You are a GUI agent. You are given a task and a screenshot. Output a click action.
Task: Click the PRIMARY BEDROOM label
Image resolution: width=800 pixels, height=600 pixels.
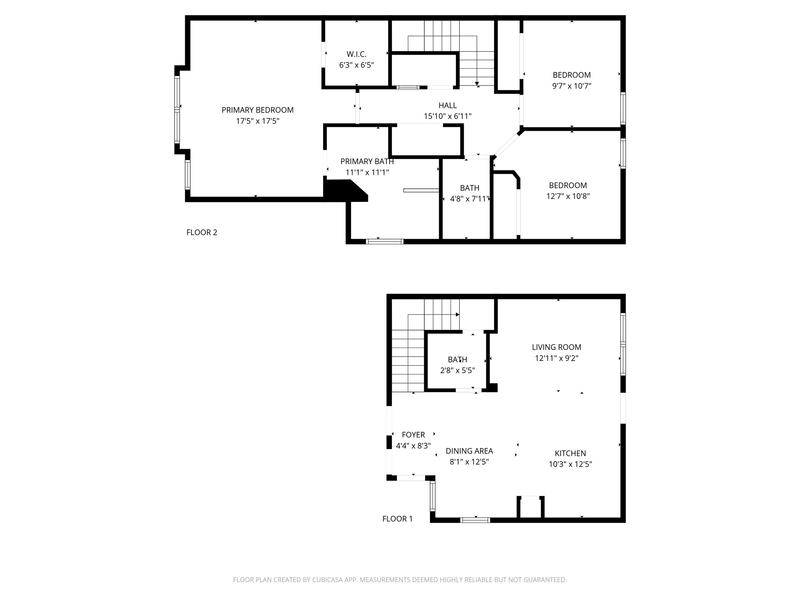(x=257, y=110)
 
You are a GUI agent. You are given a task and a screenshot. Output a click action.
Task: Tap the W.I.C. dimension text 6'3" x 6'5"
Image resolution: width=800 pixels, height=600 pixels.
(x=356, y=65)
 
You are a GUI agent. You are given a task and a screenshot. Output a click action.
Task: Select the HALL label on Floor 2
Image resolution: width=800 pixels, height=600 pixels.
(x=448, y=105)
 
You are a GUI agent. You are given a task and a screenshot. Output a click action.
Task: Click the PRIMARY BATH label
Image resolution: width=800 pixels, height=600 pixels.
(x=367, y=162)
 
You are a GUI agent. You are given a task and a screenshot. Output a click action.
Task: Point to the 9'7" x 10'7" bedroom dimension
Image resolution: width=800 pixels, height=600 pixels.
(x=571, y=86)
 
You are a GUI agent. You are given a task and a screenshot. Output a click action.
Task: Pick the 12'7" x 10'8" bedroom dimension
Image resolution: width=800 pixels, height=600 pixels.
(x=568, y=196)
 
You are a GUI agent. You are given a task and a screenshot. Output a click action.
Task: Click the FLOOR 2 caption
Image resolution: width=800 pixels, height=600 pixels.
(x=202, y=232)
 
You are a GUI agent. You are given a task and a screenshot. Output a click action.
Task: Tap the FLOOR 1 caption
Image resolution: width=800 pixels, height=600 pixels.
(x=397, y=519)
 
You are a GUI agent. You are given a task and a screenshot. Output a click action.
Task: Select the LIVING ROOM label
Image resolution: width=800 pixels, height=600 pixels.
(x=556, y=347)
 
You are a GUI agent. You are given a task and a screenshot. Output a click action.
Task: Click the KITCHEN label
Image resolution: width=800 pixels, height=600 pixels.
(x=570, y=454)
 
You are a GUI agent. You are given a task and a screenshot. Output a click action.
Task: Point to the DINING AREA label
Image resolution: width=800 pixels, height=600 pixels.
(x=469, y=451)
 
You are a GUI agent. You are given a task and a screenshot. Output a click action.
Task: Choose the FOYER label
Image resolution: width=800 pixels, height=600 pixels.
(x=413, y=435)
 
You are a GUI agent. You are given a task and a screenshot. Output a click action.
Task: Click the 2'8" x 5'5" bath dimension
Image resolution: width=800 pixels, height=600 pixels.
(x=457, y=371)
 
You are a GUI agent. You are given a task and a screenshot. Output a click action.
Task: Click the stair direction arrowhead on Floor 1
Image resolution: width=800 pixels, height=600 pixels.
(x=457, y=315)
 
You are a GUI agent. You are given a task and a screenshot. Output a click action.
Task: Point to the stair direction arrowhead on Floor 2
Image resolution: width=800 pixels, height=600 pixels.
(x=477, y=84)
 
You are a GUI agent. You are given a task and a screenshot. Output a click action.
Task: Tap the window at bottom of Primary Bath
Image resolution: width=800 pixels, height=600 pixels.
(x=384, y=242)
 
